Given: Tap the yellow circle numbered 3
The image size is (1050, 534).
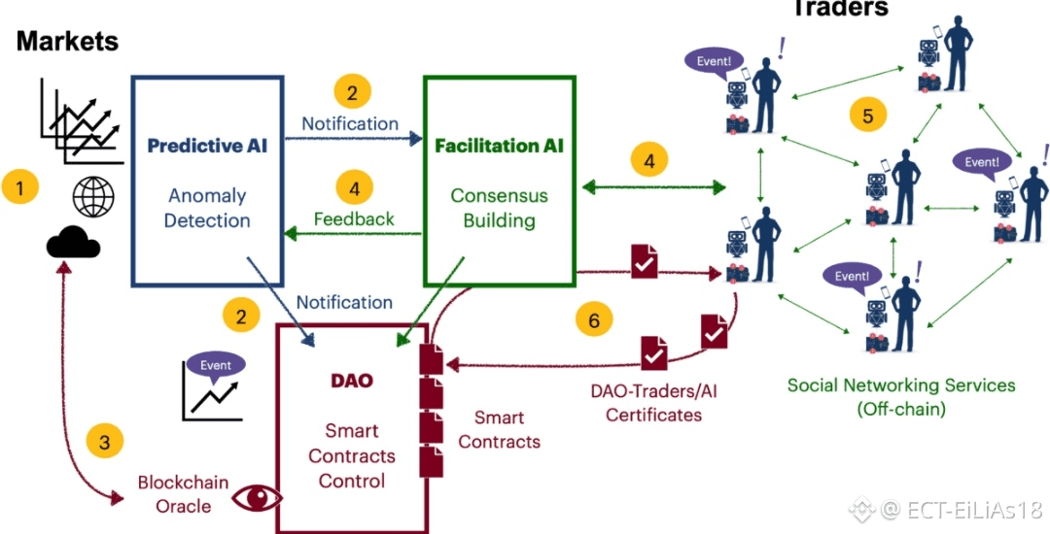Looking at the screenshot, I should [x=105, y=442].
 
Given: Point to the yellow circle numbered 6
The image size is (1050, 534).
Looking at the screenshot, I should [x=594, y=317].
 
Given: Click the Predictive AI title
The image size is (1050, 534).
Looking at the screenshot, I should [x=207, y=147].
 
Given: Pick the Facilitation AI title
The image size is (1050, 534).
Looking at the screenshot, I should [x=499, y=147].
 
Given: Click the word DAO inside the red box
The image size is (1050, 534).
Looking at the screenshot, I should [x=352, y=380].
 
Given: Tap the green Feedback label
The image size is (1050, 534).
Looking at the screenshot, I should [x=354, y=218].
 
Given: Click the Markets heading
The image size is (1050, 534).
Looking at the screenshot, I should [x=67, y=41].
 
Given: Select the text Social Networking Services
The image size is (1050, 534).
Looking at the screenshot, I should [x=901, y=384].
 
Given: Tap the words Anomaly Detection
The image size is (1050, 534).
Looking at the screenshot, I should [x=207, y=208].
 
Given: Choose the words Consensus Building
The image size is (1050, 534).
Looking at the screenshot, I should [x=499, y=208].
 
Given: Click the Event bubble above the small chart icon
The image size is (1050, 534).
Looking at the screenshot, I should [x=216, y=365].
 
